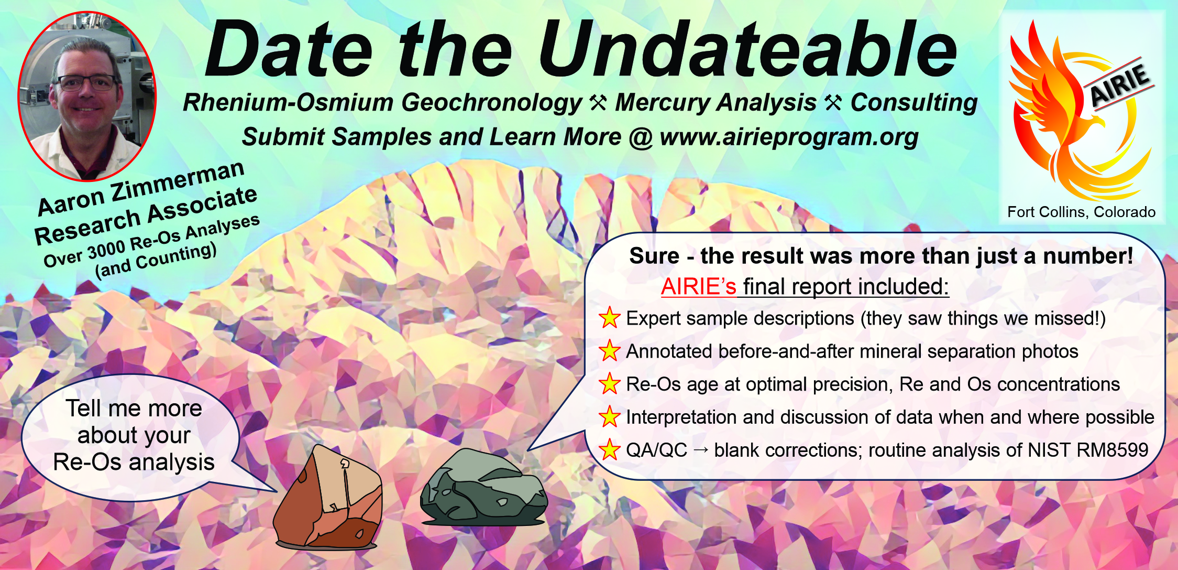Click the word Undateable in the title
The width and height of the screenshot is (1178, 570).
[748, 49]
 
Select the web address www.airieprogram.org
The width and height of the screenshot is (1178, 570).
[789, 137]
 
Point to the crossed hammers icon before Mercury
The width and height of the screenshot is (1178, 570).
[598, 103]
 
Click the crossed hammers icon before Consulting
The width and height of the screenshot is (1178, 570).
[833, 103]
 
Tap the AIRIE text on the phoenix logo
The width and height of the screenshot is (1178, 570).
[1121, 84]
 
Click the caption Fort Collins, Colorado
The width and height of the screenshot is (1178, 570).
[1081, 212]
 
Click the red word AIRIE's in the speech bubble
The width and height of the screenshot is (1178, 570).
[698, 286]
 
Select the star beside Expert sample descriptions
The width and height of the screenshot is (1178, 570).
[610, 318]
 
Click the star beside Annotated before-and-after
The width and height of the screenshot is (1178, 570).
[610, 351]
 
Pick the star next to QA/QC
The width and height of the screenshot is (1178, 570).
[610, 450]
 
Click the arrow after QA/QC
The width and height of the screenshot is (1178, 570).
[701, 450]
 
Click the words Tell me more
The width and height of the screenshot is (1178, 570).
[134, 408]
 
